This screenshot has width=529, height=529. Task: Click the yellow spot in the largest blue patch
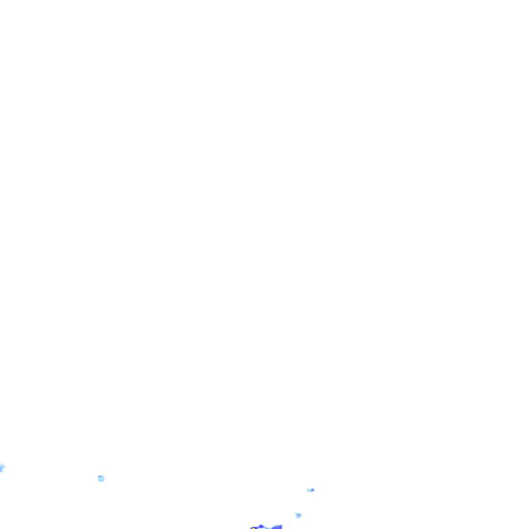coord(253,528)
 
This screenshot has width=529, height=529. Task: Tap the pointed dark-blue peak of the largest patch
coord(261,525)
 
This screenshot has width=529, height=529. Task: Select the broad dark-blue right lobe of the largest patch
coord(277,527)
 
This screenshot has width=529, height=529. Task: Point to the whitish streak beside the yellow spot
coord(261,528)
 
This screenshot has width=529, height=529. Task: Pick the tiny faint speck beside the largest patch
coord(290,523)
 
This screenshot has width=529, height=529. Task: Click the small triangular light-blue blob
coord(298,515)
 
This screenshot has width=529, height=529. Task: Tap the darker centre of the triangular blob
coord(299,515)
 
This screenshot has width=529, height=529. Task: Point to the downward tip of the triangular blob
coord(298,518)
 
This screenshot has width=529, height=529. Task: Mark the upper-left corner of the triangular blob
coord(295,513)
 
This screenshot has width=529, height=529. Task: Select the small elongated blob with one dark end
coord(310,490)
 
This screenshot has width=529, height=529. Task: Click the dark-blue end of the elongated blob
coord(313,490)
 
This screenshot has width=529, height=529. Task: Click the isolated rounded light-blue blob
coord(101,478)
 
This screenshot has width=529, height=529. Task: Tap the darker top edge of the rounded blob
coord(101,476)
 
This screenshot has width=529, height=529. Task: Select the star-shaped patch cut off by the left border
coord(2,468)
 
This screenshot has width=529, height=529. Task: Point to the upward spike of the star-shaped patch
coord(3,464)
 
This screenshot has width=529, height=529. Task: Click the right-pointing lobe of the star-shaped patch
coord(5,467)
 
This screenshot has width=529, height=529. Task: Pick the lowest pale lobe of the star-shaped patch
coord(1,472)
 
